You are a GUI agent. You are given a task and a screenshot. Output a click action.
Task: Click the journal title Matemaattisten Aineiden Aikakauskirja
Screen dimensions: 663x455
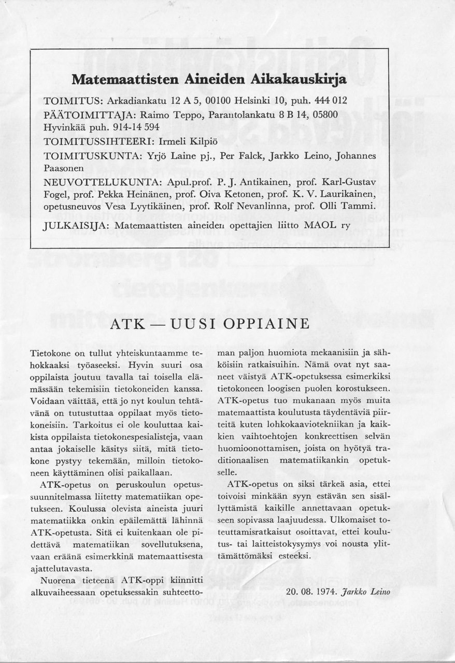(x=209, y=80)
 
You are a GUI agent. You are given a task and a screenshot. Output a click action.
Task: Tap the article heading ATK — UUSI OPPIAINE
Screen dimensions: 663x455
(x=210, y=324)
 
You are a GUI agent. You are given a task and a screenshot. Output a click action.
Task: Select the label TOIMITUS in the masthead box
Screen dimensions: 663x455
(x=67, y=99)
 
